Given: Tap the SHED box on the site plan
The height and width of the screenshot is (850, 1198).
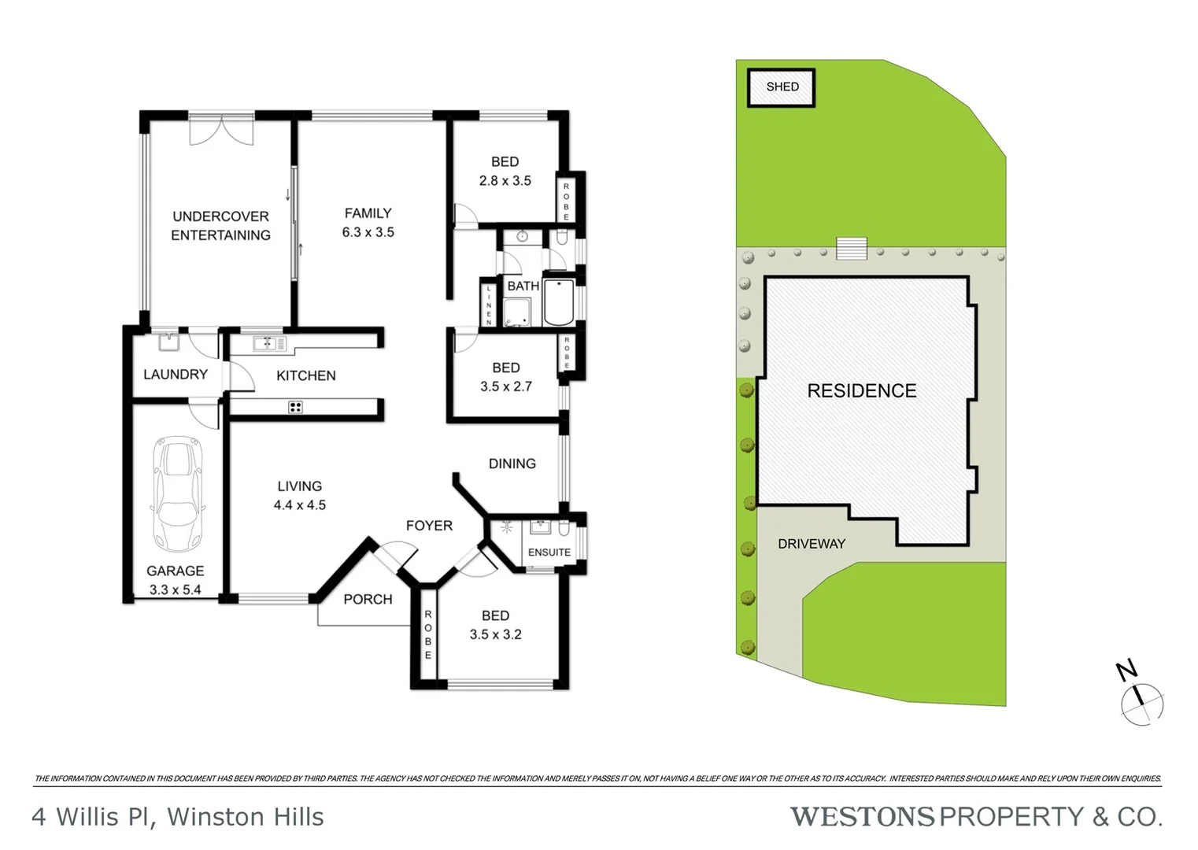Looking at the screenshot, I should pyautogui.click(x=781, y=87).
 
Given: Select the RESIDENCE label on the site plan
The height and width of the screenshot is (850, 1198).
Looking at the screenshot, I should pyautogui.click(x=861, y=391).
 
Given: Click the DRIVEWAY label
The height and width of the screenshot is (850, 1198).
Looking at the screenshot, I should pyautogui.click(x=811, y=544).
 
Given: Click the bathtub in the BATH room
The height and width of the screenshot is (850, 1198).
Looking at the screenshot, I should pyautogui.click(x=560, y=302).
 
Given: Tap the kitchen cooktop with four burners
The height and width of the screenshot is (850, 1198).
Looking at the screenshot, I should pyautogui.click(x=295, y=407).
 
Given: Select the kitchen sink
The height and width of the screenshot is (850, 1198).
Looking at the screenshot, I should pyautogui.click(x=267, y=343).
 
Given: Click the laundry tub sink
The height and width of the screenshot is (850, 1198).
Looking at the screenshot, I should pyautogui.click(x=168, y=342).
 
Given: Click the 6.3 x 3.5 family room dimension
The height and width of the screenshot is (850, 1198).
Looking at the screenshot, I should pyautogui.click(x=368, y=232).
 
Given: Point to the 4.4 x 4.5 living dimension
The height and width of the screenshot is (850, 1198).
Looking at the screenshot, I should pyautogui.click(x=299, y=505).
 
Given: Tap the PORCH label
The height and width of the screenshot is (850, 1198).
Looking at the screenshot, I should pyautogui.click(x=368, y=600).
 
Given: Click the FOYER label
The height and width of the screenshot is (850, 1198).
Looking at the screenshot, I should pyautogui.click(x=429, y=526).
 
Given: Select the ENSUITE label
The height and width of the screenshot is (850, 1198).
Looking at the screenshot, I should pyautogui.click(x=549, y=552).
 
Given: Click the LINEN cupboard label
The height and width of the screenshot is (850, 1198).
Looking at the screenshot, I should pyautogui.click(x=489, y=305).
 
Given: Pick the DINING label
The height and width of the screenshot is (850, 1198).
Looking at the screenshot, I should pyautogui.click(x=512, y=464).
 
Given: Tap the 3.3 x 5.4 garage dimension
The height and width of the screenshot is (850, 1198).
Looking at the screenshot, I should pyautogui.click(x=175, y=589).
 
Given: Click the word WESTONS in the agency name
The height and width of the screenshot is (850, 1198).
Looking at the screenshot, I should pyautogui.click(x=861, y=817).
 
